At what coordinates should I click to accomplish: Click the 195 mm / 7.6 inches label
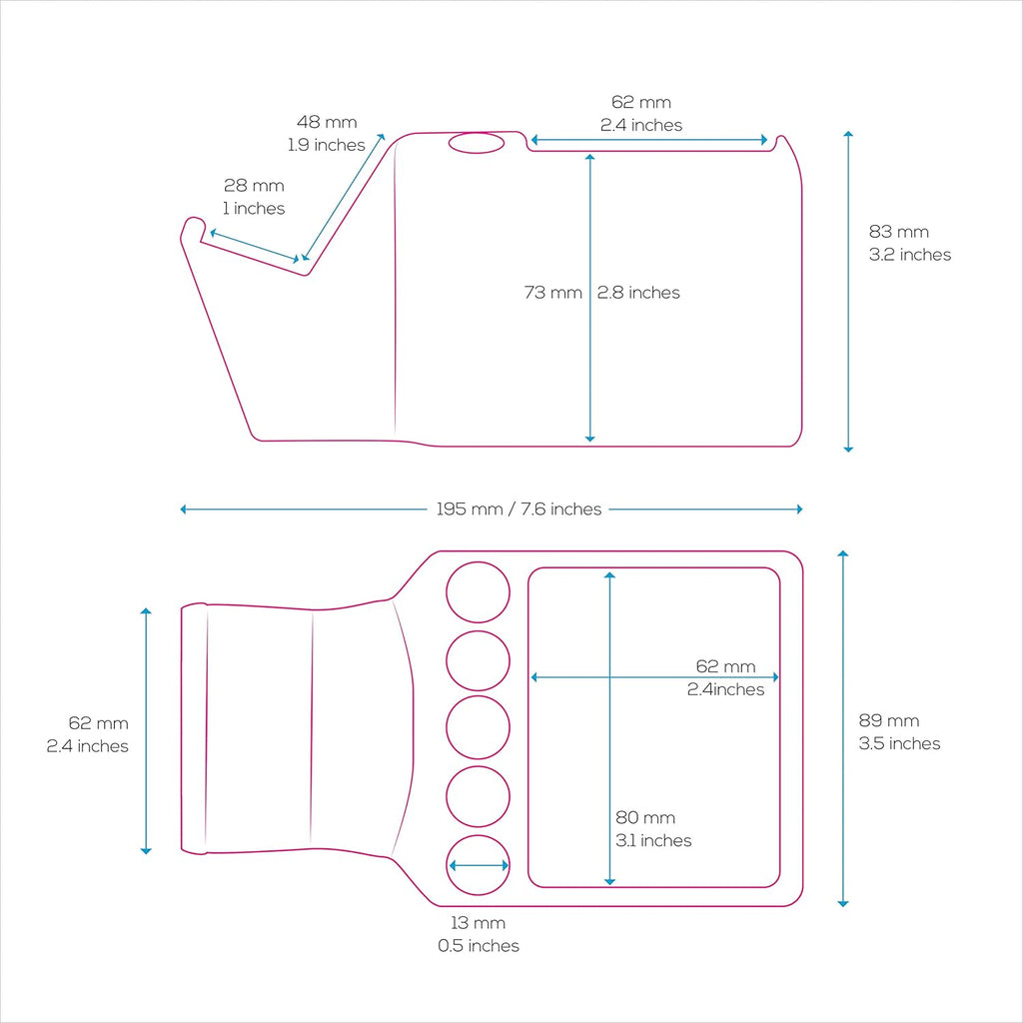click(518, 509)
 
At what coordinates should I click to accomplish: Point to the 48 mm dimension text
click(327, 122)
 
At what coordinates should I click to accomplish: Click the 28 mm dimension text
click(254, 185)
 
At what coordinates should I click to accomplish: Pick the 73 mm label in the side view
click(553, 293)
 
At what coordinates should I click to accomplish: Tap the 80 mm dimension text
click(645, 817)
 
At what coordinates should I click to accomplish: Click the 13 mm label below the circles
click(479, 922)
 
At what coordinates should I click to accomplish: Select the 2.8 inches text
click(638, 293)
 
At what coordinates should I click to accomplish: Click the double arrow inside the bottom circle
click(479, 866)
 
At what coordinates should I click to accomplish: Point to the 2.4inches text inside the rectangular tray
click(725, 689)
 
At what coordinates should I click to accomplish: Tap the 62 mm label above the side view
click(641, 102)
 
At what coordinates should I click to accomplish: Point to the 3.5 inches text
click(900, 743)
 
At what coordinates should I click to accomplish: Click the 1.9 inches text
click(327, 145)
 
